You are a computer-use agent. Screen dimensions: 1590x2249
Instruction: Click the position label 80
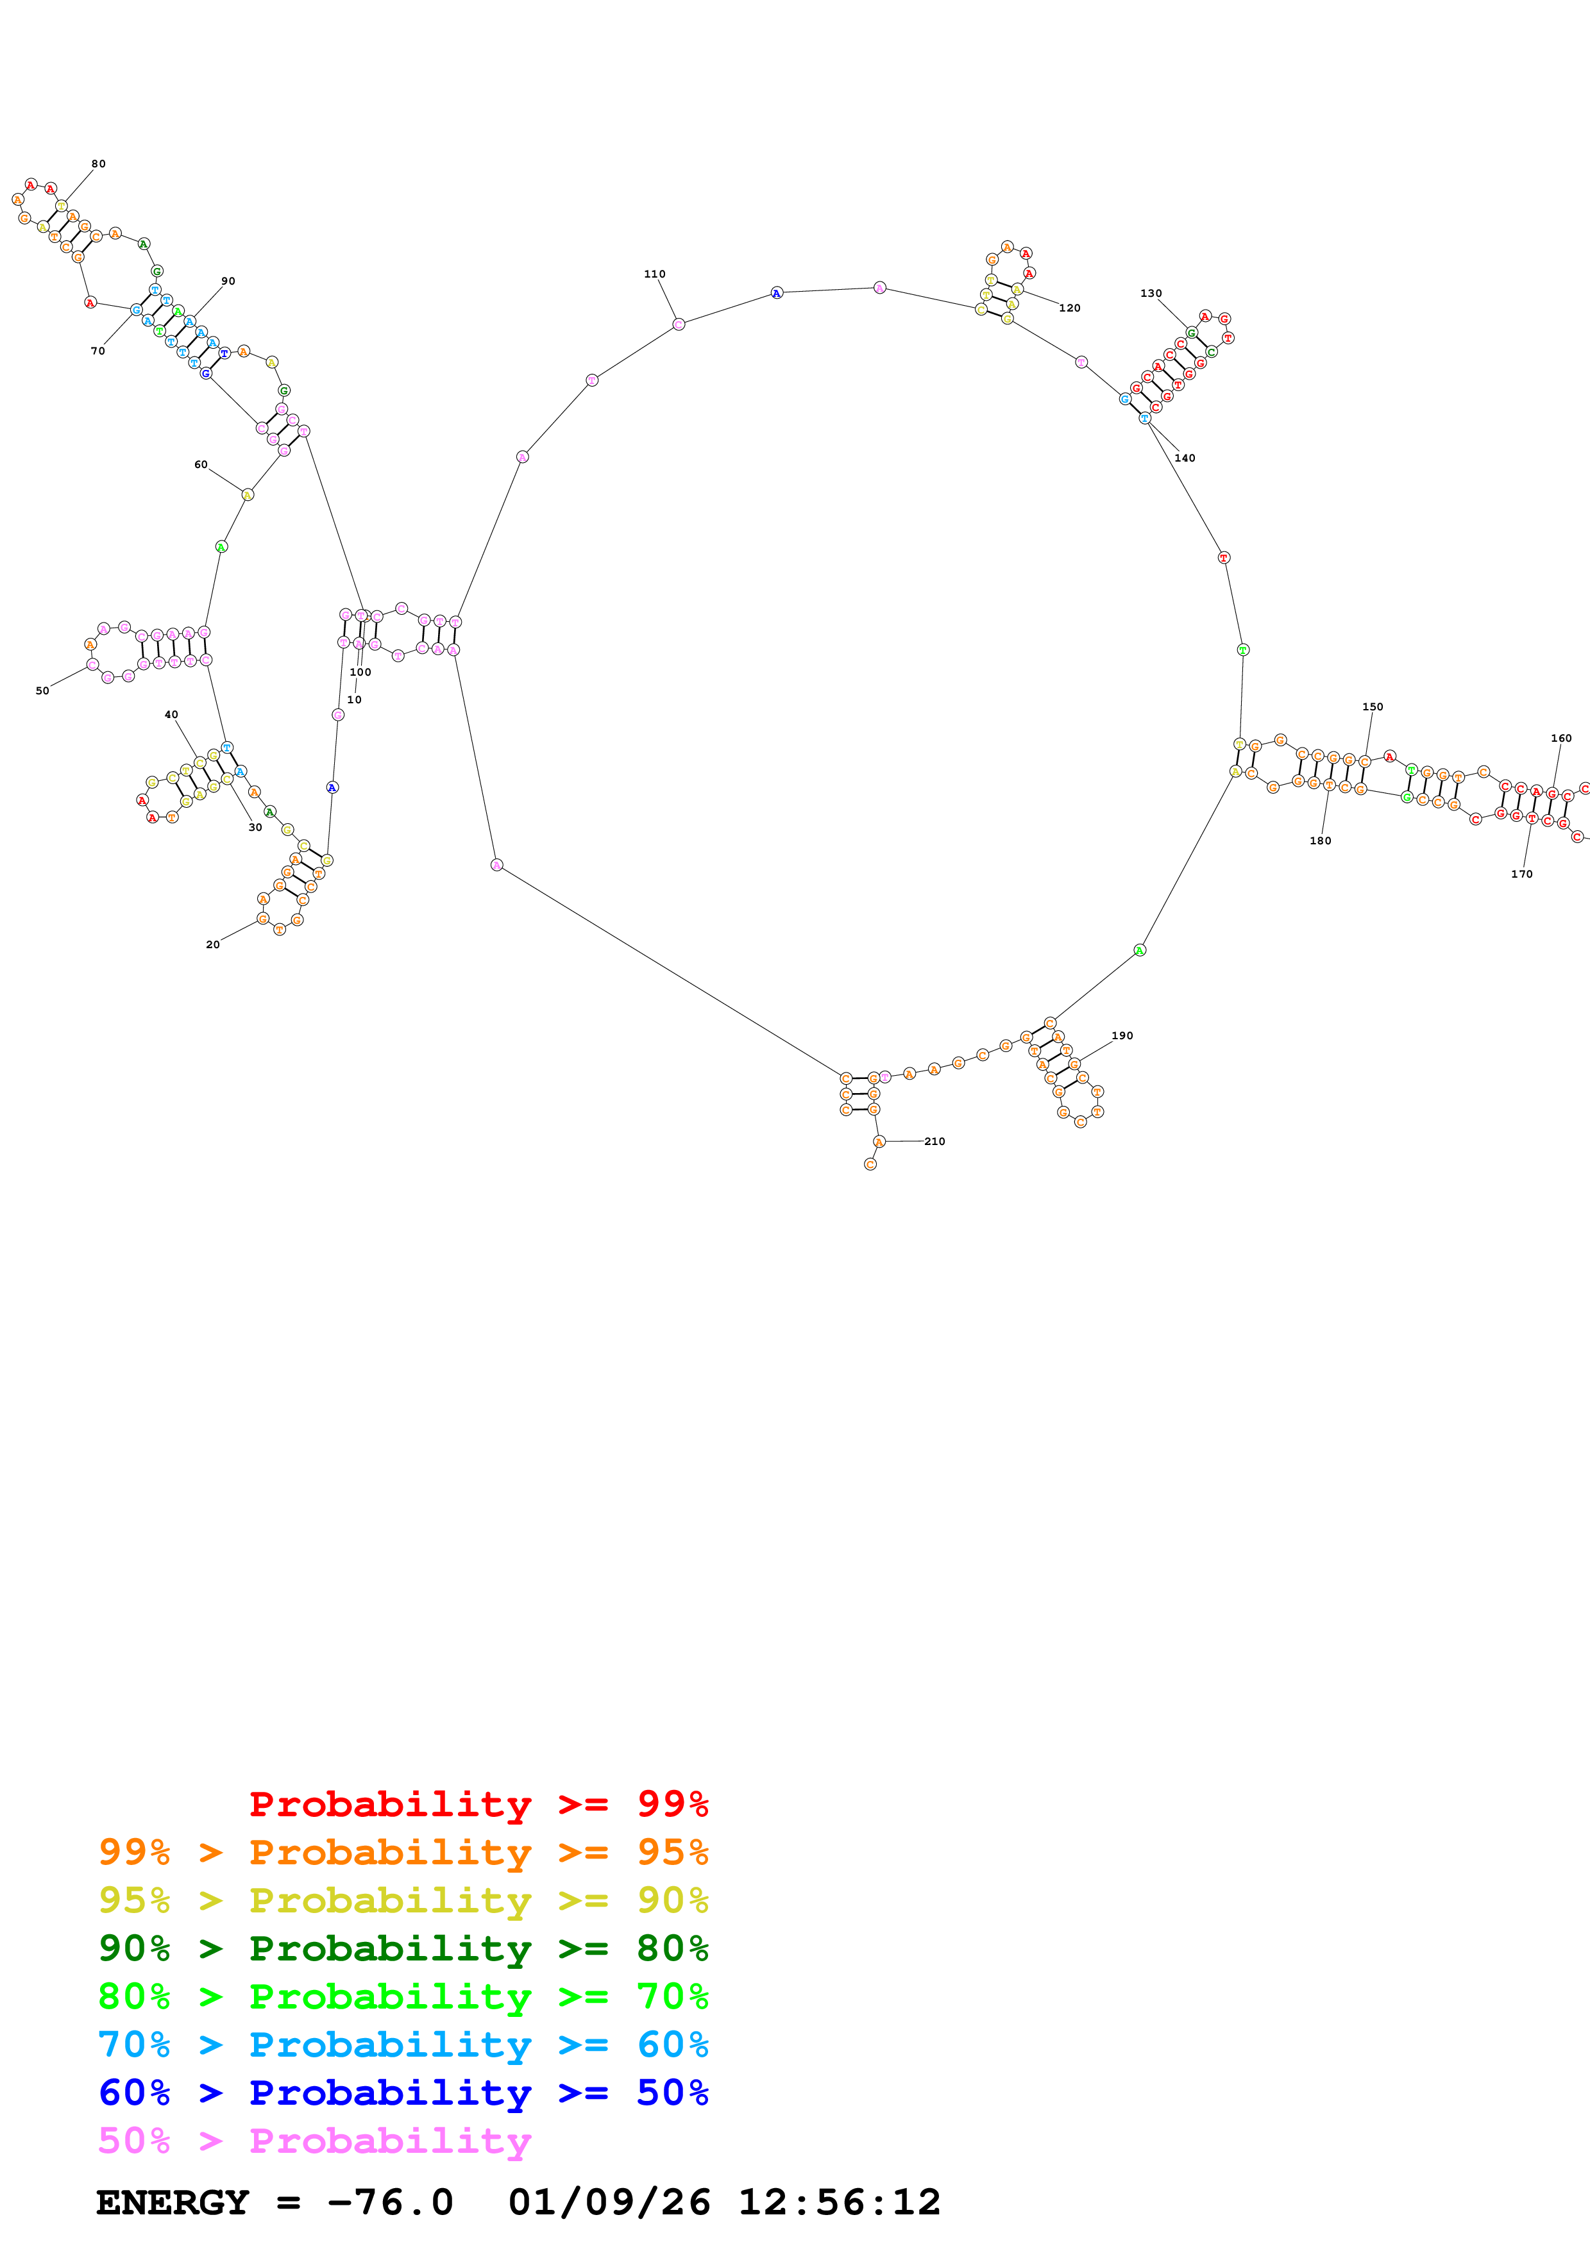click(x=98, y=163)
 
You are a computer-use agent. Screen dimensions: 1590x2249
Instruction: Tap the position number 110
click(x=654, y=274)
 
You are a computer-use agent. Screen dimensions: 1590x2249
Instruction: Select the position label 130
click(x=1151, y=293)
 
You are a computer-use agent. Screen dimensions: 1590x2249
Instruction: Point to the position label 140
click(x=1185, y=458)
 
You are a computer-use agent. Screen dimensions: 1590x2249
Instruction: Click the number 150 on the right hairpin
click(x=1373, y=706)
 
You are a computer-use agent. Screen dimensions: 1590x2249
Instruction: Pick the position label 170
click(x=1521, y=874)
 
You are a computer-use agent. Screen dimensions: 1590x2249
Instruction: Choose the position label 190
click(x=1122, y=1035)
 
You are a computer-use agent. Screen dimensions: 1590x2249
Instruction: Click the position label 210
click(x=935, y=1141)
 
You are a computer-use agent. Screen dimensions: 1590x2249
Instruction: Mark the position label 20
click(x=212, y=944)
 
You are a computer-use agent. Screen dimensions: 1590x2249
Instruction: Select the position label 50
click(x=42, y=690)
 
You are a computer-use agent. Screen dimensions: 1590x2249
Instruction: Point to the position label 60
click(x=201, y=464)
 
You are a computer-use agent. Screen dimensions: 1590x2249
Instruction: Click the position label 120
click(x=1070, y=308)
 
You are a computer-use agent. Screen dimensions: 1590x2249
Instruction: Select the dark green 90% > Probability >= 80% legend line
click(x=403, y=1948)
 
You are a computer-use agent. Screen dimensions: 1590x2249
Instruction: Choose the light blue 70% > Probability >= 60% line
click(x=403, y=2044)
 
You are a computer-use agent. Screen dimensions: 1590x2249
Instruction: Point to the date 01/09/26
click(x=609, y=2203)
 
